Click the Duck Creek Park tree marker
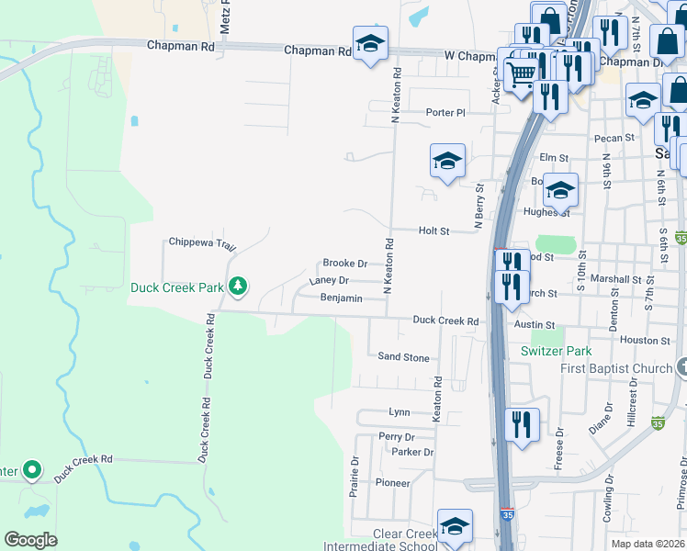click(238, 287)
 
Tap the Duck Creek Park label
click(177, 287)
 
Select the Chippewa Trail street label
click(203, 242)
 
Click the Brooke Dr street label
click(344, 264)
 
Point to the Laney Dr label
click(330, 280)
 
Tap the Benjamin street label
click(341, 298)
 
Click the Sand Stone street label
click(403, 357)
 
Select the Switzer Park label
click(556, 351)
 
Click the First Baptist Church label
click(617, 369)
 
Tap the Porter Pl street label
click(446, 112)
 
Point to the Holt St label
click(434, 231)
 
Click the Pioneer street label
click(392, 482)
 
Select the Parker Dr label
click(411, 452)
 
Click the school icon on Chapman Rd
click(370, 43)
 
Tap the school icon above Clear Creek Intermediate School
click(455, 526)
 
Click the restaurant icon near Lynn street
click(522, 424)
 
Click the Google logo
click(31, 539)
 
